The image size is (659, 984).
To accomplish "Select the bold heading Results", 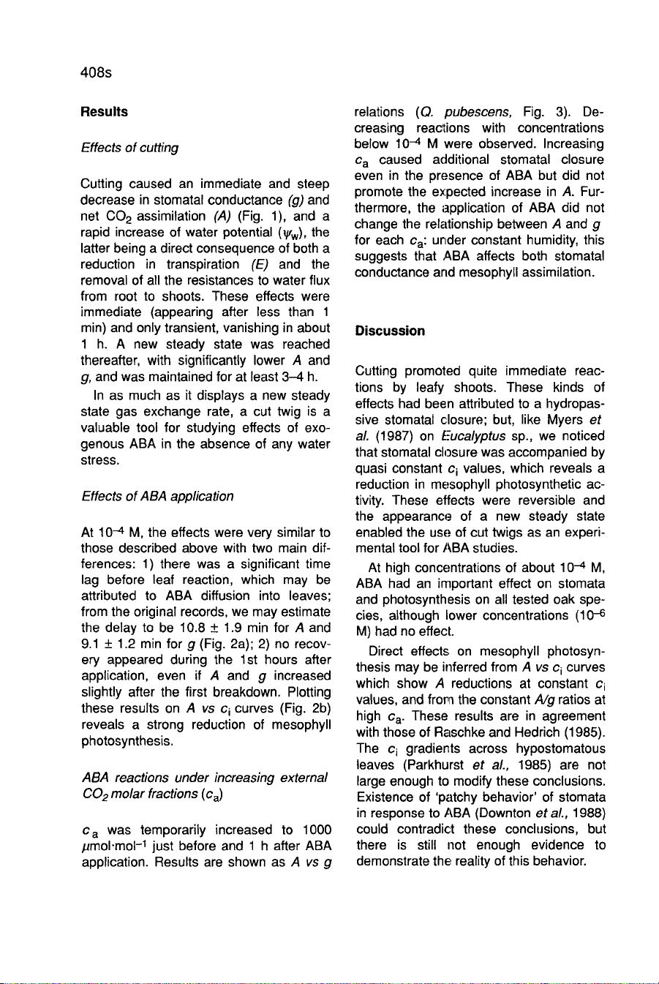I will pyautogui.click(x=104, y=112).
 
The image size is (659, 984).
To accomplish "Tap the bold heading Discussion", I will pyautogui.click(x=390, y=331).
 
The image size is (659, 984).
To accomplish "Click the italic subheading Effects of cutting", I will pyautogui.click(x=129, y=148).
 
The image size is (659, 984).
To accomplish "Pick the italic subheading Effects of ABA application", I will pyautogui.click(x=157, y=496).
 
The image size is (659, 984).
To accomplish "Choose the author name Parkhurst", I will pyautogui.click(x=434, y=765).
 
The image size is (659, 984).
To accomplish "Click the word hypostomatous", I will pyautogui.click(x=560, y=748).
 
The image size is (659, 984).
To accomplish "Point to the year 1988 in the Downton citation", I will pyautogui.click(x=590, y=813).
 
